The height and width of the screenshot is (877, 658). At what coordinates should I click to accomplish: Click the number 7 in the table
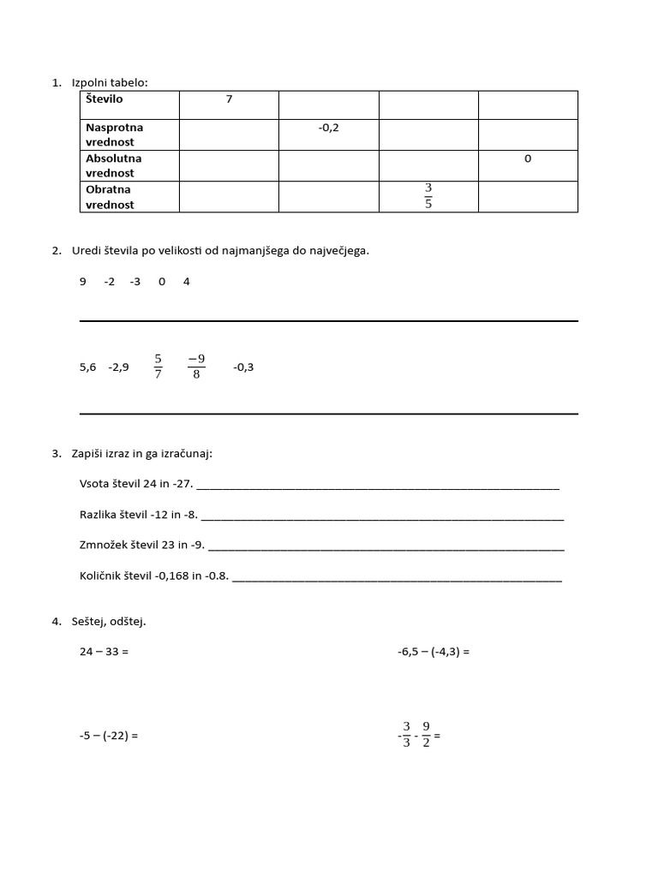point(229,99)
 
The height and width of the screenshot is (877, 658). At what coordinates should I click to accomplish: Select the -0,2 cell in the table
point(328,128)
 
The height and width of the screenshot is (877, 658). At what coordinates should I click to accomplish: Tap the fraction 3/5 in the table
point(428,196)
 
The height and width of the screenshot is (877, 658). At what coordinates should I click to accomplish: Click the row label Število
point(105,99)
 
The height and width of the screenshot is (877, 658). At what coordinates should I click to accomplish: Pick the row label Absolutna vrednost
point(114,165)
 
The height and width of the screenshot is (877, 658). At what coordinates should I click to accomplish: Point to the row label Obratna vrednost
point(110,197)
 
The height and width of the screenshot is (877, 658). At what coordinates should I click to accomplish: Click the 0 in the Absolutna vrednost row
point(528,158)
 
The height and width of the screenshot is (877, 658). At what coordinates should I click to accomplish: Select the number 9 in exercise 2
point(83,282)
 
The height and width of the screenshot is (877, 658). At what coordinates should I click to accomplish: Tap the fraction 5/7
point(159,367)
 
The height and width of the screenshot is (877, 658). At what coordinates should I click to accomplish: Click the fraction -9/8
point(196,367)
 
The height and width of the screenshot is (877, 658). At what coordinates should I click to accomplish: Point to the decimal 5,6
point(87,367)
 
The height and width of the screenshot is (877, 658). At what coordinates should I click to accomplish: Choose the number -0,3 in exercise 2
point(243,367)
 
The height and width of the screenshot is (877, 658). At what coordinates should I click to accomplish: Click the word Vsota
point(94,484)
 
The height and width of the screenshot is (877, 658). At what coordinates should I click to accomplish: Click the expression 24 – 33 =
point(104,652)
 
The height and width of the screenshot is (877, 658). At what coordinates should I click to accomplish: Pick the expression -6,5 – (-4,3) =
point(434,652)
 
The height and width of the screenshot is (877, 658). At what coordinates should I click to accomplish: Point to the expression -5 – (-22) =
point(109,736)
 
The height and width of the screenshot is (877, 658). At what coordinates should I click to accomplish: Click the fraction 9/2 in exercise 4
point(426,734)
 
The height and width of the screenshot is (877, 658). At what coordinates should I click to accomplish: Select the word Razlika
point(99,515)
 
